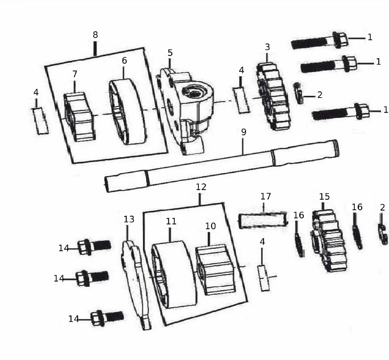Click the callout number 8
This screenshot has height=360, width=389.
pyautogui.click(x=95, y=35)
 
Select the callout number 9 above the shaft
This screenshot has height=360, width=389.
pyautogui.click(x=244, y=132)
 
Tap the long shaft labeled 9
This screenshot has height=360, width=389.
pyautogui.click(x=222, y=166)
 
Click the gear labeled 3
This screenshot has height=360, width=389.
pyautogui.click(x=273, y=96)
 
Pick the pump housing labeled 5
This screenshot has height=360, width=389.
pyautogui.click(x=185, y=112)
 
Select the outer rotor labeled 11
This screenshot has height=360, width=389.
pyautogui.click(x=173, y=274)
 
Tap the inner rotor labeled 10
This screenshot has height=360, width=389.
pyautogui.click(x=215, y=270)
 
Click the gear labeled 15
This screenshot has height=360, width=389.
pyautogui.click(x=328, y=241)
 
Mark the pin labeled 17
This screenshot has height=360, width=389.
pyautogui.click(x=263, y=220)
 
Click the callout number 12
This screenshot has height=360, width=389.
pyautogui.click(x=201, y=187)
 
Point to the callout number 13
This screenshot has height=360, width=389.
pyautogui.click(x=129, y=219)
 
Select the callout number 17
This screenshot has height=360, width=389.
pyautogui.click(x=265, y=196)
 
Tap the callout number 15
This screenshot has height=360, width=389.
pyautogui.click(x=324, y=197)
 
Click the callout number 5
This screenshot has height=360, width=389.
pyautogui.click(x=170, y=53)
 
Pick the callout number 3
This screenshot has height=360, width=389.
pyautogui.click(x=267, y=47)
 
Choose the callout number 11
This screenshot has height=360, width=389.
pyautogui.click(x=171, y=221)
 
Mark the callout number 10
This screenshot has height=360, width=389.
pyautogui.click(x=210, y=226)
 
